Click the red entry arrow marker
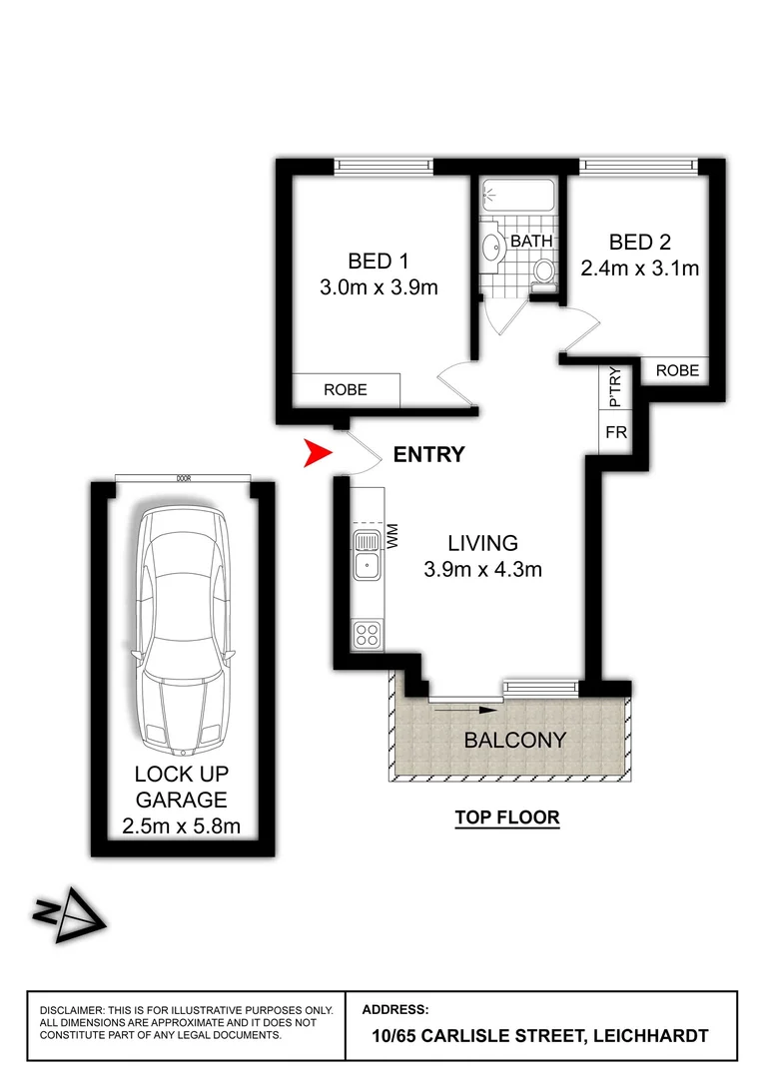click(318, 455)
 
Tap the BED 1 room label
click(378, 262)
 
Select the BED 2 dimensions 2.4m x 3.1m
click(639, 268)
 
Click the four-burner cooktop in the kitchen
click(367, 632)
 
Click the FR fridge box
click(615, 434)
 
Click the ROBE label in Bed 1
click(346, 390)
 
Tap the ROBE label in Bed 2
click(677, 370)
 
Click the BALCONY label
click(514, 741)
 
